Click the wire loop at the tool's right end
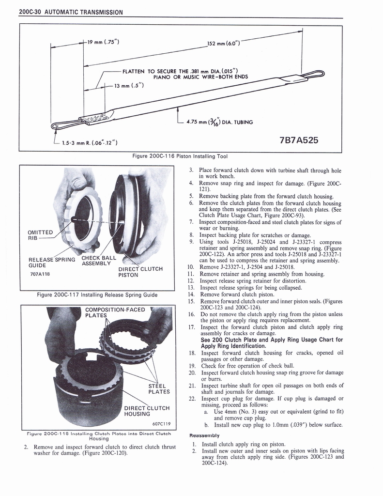[315, 74]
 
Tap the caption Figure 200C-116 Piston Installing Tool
[180, 156]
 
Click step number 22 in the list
[191, 398]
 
